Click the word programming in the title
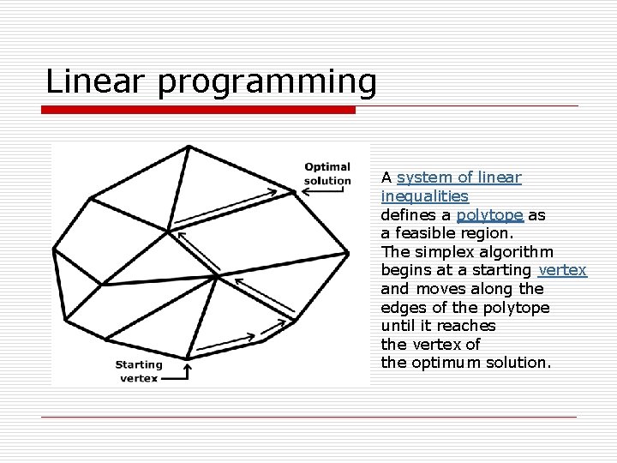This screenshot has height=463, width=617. click(x=267, y=83)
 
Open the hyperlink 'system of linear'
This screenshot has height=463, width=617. click(x=458, y=177)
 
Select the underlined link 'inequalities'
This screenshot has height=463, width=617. click(x=425, y=196)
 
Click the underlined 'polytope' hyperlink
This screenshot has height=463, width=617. click(x=489, y=215)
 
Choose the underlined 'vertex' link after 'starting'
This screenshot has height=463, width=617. click(x=562, y=270)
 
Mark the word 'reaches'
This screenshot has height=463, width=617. click(x=466, y=326)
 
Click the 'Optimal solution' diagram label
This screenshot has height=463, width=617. click(x=326, y=174)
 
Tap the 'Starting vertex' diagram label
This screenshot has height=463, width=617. click(x=139, y=371)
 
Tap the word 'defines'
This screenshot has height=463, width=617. click(x=409, y=215)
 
